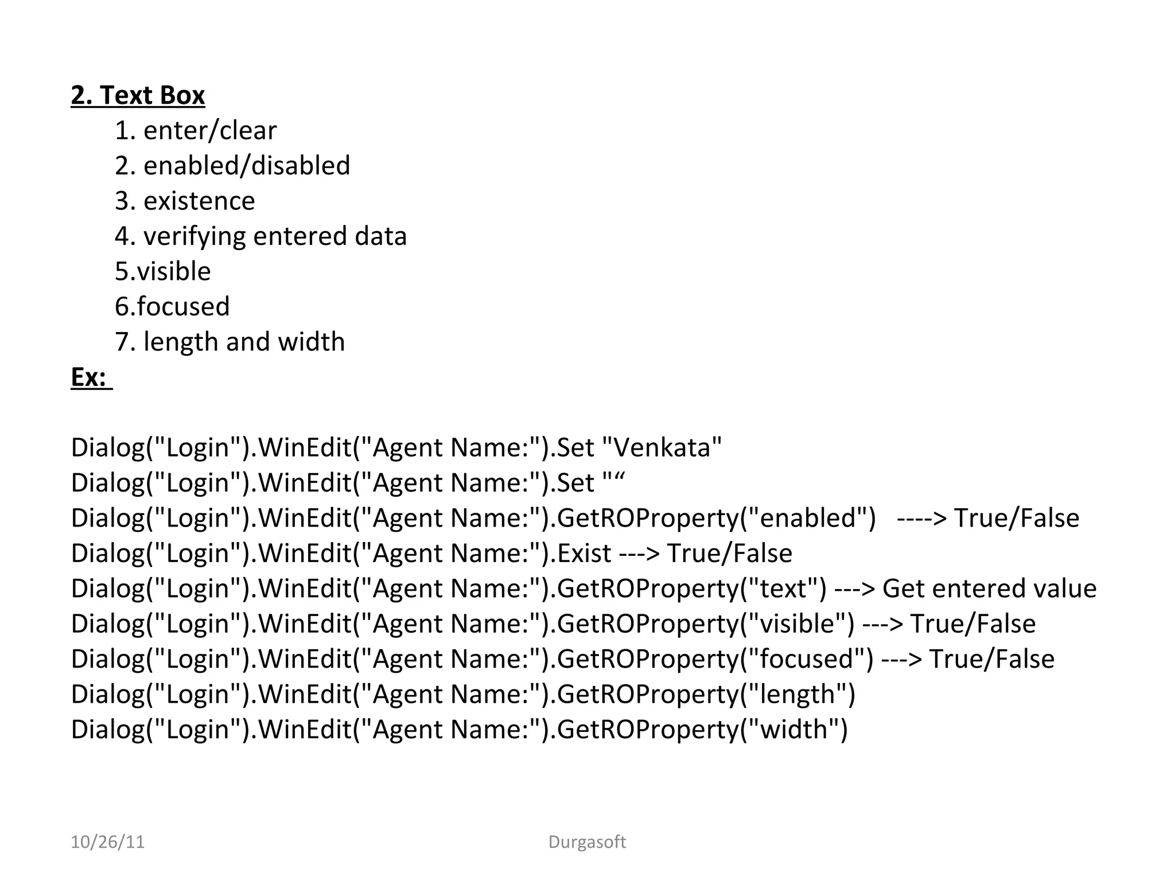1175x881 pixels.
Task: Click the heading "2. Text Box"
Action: [x=138, y=95]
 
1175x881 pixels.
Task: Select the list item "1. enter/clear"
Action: [x=196, y=131]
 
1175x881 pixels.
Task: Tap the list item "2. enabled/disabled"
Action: [x=232, y=166]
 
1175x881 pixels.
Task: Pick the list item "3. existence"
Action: [x=185, y=201]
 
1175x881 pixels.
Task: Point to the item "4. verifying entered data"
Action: [x=260, y=236]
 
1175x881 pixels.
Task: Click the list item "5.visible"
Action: [x=163, y=271]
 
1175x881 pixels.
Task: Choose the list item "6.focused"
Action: [x=172, y=307]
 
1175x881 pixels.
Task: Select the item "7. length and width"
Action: [x=229, y=342]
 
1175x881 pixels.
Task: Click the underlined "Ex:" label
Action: [x=89, y=377]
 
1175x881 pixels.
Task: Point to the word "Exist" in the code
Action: [x=584, y=553]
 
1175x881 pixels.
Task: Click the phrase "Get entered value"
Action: [x=989, y=589]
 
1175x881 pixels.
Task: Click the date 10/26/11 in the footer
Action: [x=107, y=842]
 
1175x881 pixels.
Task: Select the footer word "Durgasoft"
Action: [x=587, y=842]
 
